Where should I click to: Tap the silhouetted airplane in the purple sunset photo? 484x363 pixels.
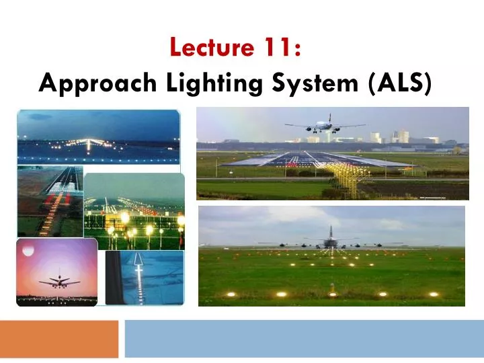click(x=58, y=282)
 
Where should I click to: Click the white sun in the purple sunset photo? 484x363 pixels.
click(x=28, y=250)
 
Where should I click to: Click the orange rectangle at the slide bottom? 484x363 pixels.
click(x=58, y=338)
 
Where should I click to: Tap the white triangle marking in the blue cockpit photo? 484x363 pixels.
click(x=137, y=259)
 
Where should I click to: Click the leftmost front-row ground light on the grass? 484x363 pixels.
click(x=230, y=294)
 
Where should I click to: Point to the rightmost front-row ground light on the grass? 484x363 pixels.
click(x=434, y=294)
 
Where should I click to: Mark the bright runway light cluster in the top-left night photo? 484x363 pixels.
click(x=88, y=143)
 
